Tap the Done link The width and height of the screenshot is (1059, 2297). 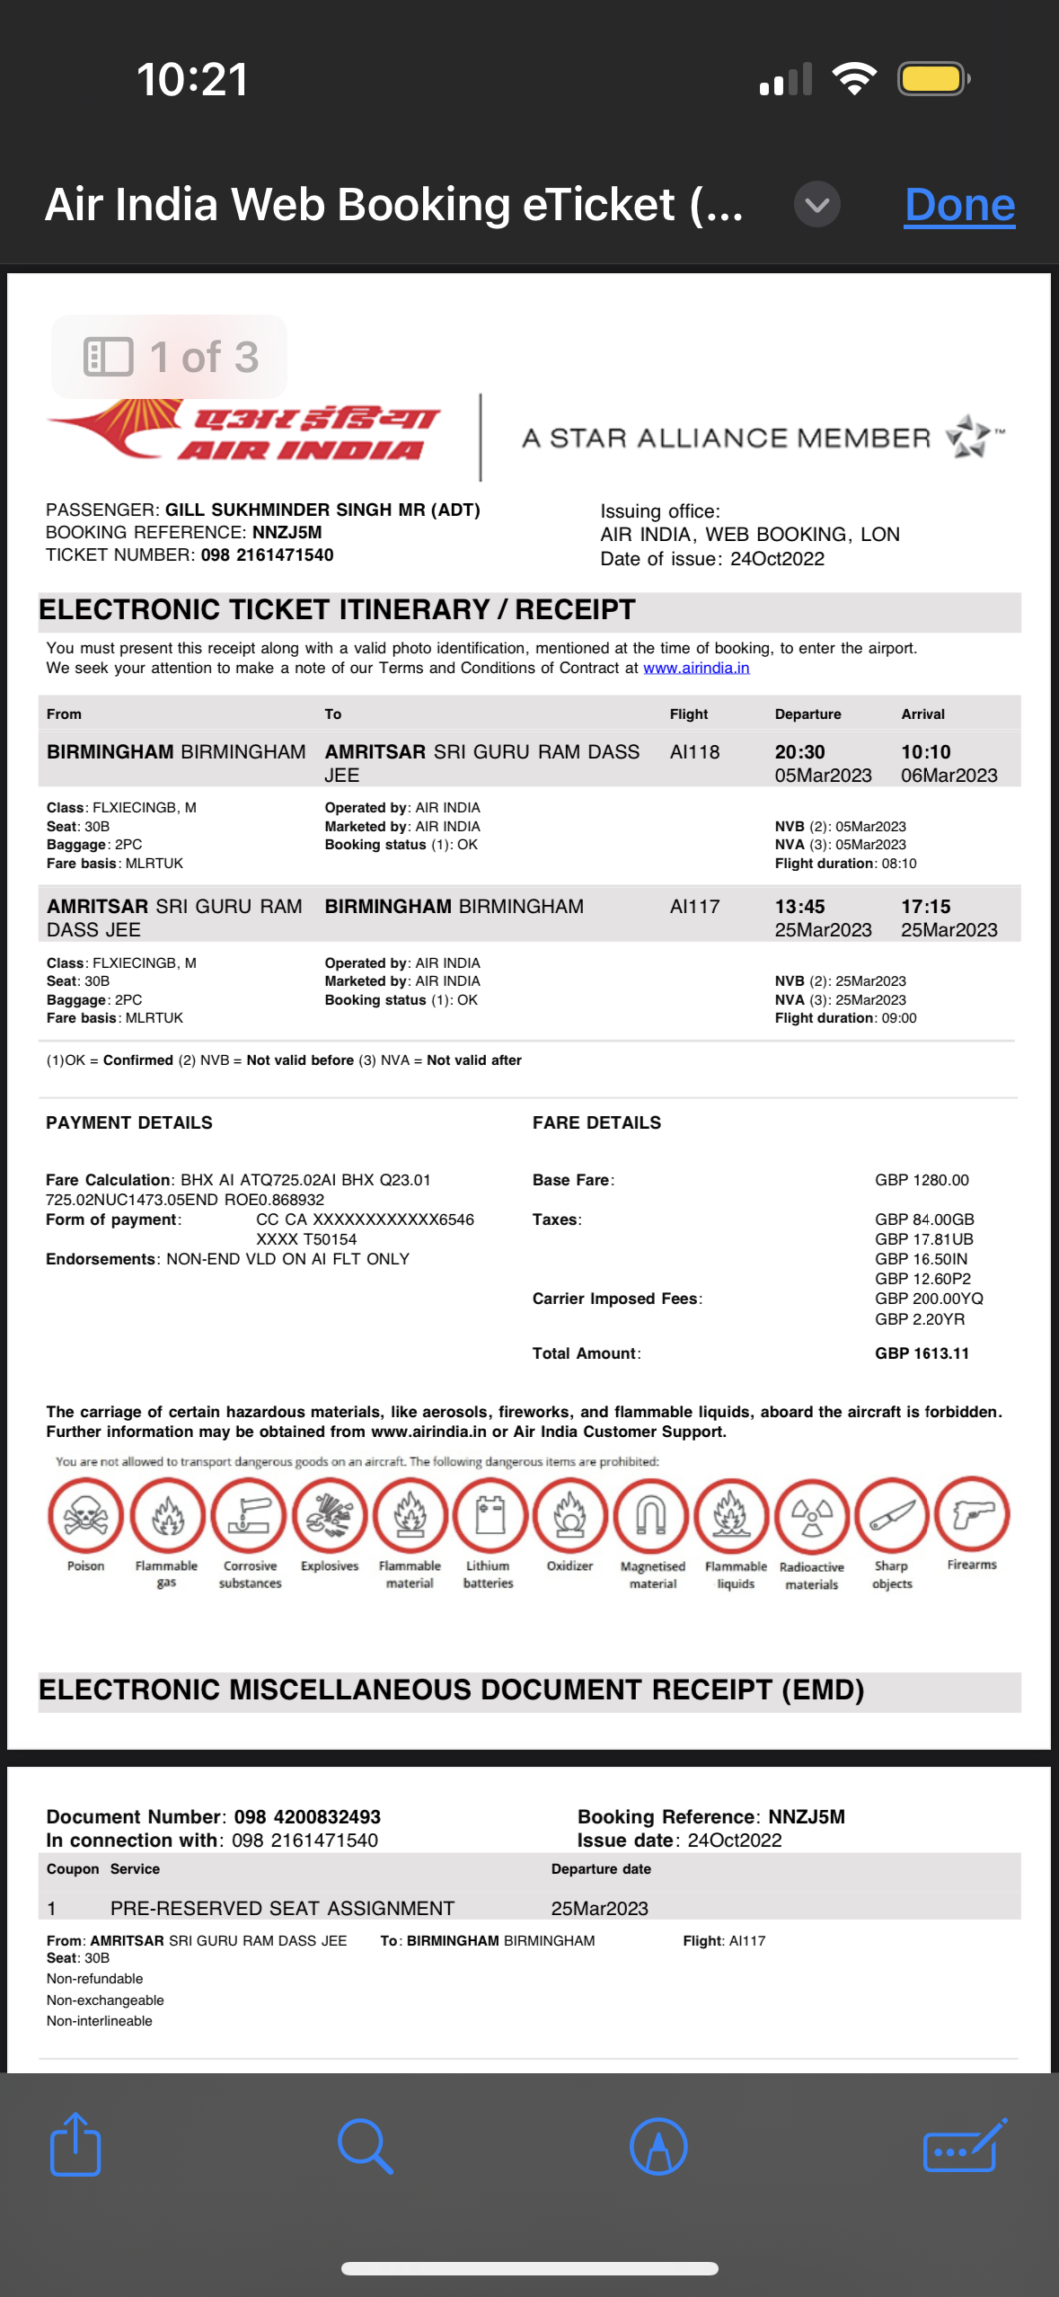[x=959, y=205]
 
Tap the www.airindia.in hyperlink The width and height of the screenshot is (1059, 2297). [x=696, y=668]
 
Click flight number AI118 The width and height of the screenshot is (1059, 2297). [x=694, y=752]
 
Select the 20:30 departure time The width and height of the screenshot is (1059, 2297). [x=799, y=752]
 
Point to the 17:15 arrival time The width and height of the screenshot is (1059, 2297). [x=925, y=907]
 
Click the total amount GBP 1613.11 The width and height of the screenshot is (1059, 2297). [x=922, y=1353]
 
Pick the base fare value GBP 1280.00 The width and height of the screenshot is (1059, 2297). [x=922, y=1180]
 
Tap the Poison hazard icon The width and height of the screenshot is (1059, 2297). [x=85, y=1516]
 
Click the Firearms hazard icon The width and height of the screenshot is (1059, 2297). [x=972, y=1514]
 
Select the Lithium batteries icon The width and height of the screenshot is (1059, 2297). [x=489, y=1516]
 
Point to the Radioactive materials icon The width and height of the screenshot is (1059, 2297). [x=811, y=1516]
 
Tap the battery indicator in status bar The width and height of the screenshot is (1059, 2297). [x=932, y=79]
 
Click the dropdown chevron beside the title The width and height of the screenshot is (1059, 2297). [x=816, y=205]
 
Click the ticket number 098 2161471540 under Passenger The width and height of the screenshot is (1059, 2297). [x=267, y=555]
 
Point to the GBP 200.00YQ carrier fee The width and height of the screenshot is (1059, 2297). [x=929, y=1299]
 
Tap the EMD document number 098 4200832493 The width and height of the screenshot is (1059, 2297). [x=307, y=1817]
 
